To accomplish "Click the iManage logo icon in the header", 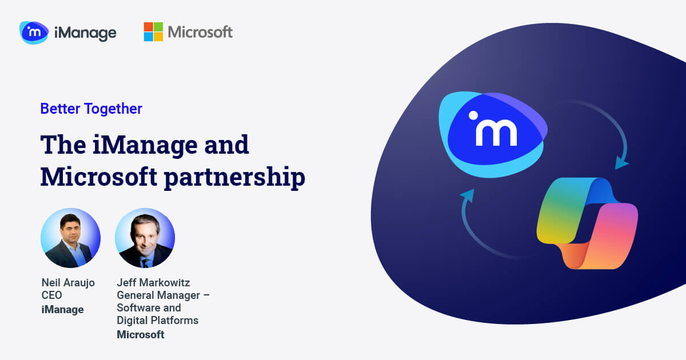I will [34, 33].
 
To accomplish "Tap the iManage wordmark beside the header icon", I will [85, 33].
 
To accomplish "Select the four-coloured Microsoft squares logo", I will [153, 32].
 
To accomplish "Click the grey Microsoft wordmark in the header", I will [200, 32].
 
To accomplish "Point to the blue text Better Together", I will [91, 109].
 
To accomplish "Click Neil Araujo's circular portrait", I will [70, 238].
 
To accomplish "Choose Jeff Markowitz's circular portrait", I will [145, 238].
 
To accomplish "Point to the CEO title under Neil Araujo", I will [51, 296].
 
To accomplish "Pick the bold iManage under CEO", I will [62, 310].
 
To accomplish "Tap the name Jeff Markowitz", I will [153, 282].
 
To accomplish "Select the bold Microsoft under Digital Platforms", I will [140, 335].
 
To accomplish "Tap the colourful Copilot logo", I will [587, 223].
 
